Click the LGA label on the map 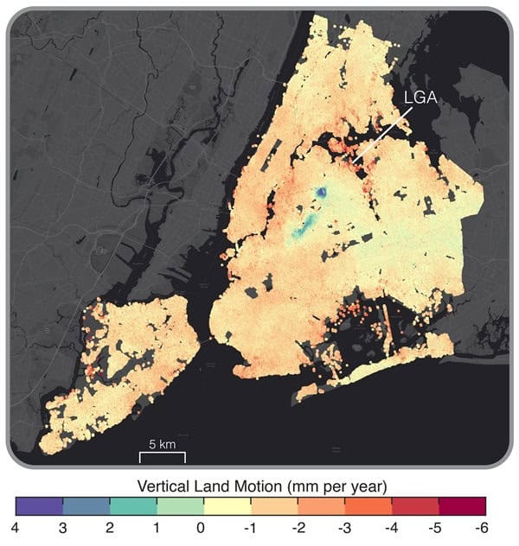pyautogui.click(x=420, y=100)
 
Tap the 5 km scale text pyautogui.click(x=162, y=444)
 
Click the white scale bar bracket pyautogui.click(x=162, y=455)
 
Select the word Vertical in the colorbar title pyautogui.click(x=165, y=482)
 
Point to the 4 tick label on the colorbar pyautogui.click(x=16, y=525)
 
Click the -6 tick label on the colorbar pyautogui.click(x=483, y=525)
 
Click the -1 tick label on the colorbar pyautogui.click(x=249, y=525)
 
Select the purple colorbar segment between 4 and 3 pyautogui.click(x=39, y=505)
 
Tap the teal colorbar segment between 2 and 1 pyautogui.click(x=132, y=505)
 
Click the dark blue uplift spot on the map pyautogui.click(x=321, y=194)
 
